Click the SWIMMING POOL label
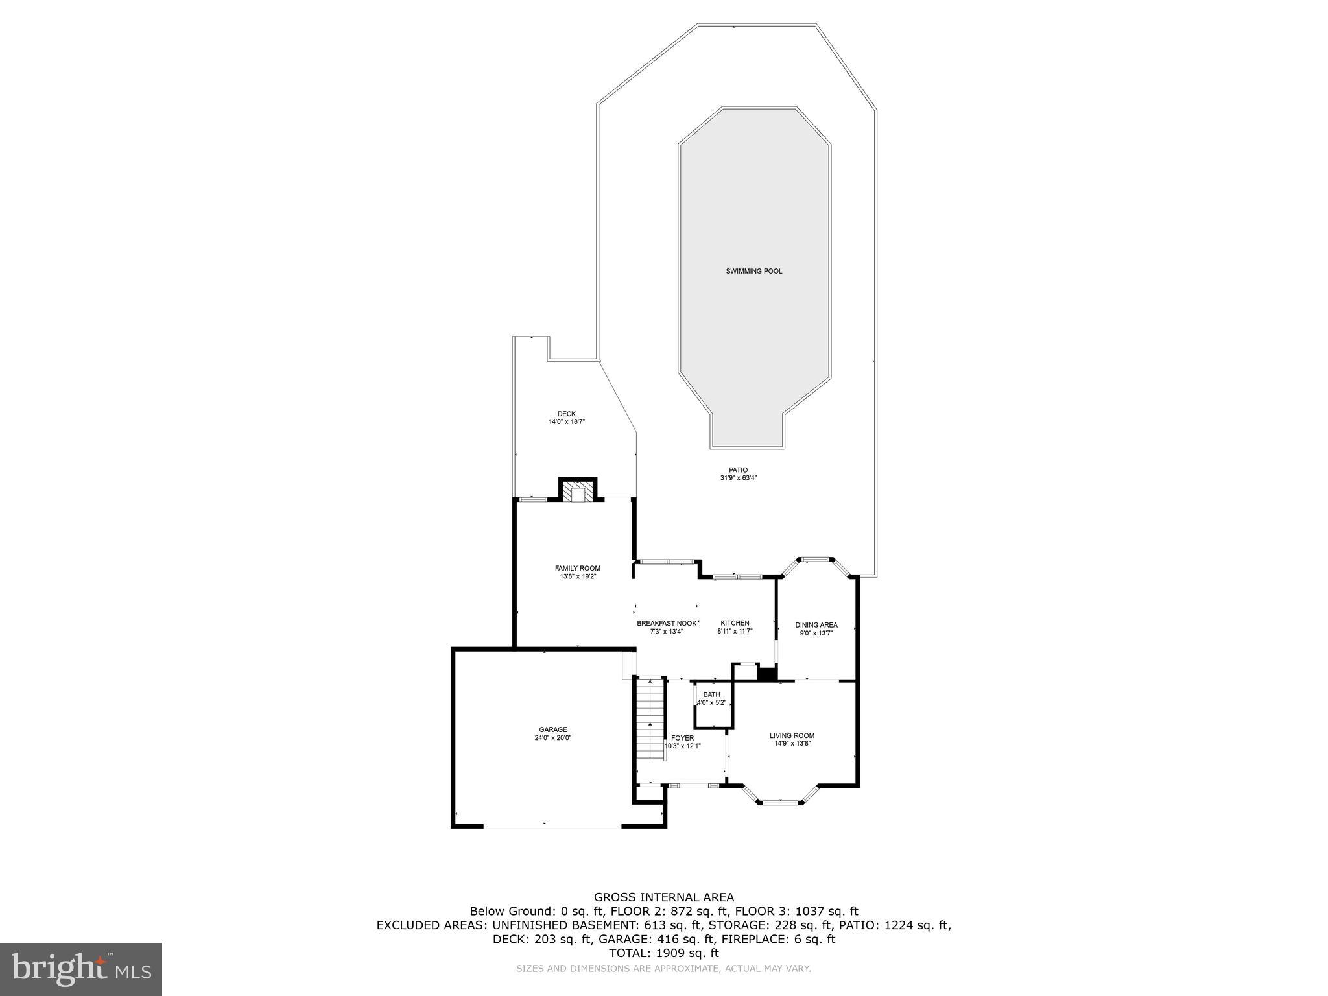coord(753,271)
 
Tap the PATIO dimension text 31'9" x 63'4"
coord(738,478)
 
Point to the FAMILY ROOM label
coord(577,568)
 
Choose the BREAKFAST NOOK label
coord(667,623)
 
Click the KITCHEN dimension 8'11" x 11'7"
coord(734,631)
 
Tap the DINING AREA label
coord(816,625)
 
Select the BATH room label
coord(711,694)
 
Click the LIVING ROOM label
coord(792,735)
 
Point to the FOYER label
coord(682,738)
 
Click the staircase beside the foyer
coord(650,720)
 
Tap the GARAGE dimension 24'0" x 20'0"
coord(553,737)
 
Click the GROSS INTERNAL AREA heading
coord(664,897)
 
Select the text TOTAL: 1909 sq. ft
coord(664,953)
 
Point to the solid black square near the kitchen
coord(767,673)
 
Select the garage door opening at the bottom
coord(552,827)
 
